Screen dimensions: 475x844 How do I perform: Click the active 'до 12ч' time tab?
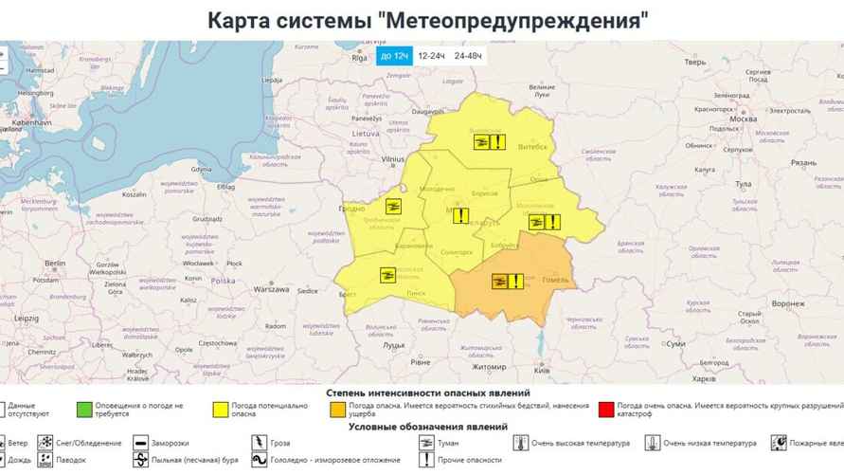point(394,57)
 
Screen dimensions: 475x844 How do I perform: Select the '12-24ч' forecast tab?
point(432,57)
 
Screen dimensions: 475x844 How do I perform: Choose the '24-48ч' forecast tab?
point(468,57)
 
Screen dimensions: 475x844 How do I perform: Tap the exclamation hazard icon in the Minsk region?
point(459,215)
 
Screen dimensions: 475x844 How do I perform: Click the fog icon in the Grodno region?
point(392,207)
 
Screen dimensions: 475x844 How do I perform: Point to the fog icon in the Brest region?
point(387,275)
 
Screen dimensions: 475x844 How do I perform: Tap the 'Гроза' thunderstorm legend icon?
point(257,443)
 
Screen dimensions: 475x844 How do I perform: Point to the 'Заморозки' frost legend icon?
point(139,443)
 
